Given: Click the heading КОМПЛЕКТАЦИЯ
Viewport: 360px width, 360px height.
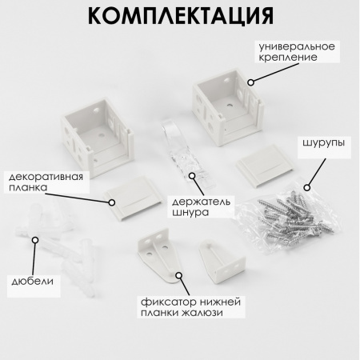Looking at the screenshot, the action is pyautogui.click(x=181, y=16).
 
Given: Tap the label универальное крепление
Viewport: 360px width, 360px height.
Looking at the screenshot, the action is pyautogui.click(x=297, y=52).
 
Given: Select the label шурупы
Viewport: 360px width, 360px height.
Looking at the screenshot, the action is pyautogui.click(x=323, y=142).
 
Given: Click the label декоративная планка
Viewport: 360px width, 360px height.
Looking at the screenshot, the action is pyautogui.click(x=46, y=182).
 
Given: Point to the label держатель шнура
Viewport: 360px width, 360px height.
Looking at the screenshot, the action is pyautogui.click(x=201, y=206).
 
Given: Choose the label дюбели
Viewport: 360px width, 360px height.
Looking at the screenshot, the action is pyautogui.click(x=33, y=281).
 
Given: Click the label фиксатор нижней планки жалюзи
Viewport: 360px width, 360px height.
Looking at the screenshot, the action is pyautogui.click(x=190, y=307).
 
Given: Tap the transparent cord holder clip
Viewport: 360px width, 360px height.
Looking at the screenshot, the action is pyautogui.click(x=186, y=153).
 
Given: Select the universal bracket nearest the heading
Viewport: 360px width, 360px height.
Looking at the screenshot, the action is pyautogui.click(x=228, y=106).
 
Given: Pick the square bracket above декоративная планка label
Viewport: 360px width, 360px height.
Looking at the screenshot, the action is pyautogui.click(x=98, y=137).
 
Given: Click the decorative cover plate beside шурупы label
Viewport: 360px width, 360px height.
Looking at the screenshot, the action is pyautogui.click(x=266, y=166).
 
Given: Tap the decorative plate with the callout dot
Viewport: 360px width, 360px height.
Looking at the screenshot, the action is pyautogui.click(x=134, y=198).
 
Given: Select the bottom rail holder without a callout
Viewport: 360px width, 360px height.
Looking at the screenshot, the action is pyautogui.click(x=222, y=261).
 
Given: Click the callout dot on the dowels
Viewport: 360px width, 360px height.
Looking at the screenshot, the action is pyautogui.click(x=35, y=240).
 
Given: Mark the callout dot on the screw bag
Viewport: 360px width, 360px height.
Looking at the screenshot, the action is pyautogui.click(x=307, y=188).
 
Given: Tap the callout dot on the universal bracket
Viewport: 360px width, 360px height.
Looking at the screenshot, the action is pyautogui.click(x=250, y=82).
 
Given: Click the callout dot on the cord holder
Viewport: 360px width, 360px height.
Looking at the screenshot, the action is pyautogui.click(x=192, y=176).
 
